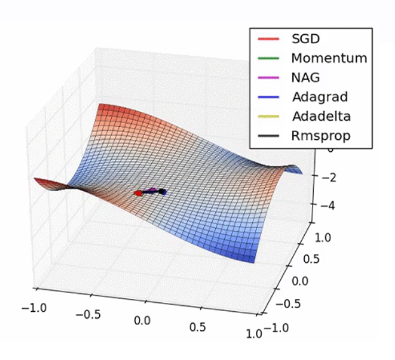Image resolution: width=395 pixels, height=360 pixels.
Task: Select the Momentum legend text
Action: click(x=328, y=58)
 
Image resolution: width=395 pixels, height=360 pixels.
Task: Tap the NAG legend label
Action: click(x=305, y=77)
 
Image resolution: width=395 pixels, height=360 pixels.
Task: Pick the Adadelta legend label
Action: click(x=321, y=116)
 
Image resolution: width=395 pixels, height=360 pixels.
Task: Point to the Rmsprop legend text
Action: click(x=321, y=135)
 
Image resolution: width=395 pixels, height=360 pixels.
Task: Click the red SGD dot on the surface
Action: click(x=138, y=192)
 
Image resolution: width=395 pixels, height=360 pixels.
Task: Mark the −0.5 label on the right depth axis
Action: click(x=290, y=303)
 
